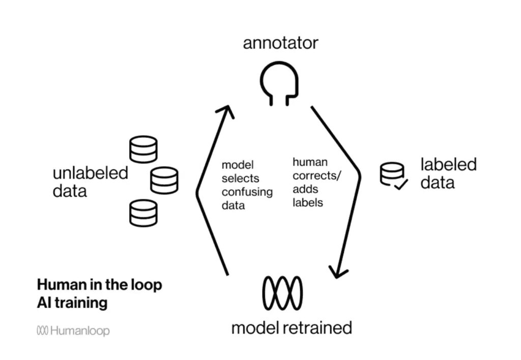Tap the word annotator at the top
(x=280, y=43)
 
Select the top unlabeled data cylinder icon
(x=143, y=149)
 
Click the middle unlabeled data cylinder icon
(x=164, y=181)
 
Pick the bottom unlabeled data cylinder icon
(x=143, y=213)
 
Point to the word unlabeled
(x=91, y=173)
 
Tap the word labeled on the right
(x=448, y=165)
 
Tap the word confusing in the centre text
(x=247, y=192)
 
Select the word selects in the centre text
(x=240, y=179)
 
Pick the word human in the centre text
(x=309, y=162)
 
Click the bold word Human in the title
(x=59, y=285)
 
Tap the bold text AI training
(x=72, y=303)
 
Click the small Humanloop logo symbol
(x=42, y=331)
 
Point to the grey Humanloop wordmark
(x=80, y=331)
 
